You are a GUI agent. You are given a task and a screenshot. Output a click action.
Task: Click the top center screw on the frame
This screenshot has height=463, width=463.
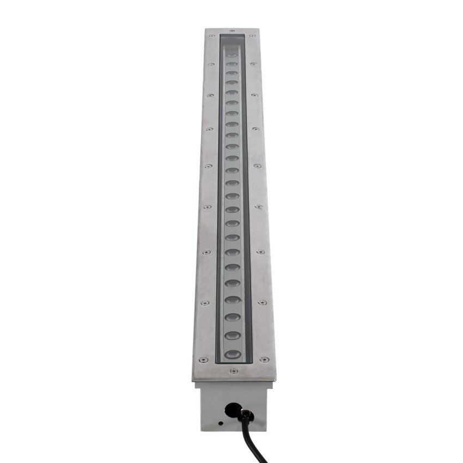pos(233,31)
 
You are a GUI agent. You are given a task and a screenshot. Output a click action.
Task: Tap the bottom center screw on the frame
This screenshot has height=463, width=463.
pos(234,371)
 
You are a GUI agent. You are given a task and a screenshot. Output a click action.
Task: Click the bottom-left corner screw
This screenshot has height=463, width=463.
pos(203,360)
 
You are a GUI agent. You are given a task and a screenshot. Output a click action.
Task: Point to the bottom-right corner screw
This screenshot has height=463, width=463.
pos(264,360)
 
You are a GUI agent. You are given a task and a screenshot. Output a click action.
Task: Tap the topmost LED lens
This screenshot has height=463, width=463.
pos(232,55)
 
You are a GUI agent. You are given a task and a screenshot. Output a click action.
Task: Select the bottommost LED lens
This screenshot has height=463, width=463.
pos(233,354)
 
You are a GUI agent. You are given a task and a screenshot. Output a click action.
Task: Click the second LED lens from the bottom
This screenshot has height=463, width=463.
pos(233,335)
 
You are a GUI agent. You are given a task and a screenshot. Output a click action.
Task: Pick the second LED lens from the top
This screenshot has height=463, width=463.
pos(232,64)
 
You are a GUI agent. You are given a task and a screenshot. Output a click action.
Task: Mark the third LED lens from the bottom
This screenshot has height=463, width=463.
pos(233,317)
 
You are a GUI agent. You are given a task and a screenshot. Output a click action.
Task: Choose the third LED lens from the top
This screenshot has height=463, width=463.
pos(232,74)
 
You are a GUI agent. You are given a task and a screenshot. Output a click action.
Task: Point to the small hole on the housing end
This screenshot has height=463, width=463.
pos(220,422)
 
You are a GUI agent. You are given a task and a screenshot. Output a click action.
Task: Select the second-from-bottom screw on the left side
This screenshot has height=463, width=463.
pos(204,303)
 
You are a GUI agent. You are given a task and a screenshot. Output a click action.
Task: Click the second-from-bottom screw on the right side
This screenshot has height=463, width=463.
pos(263,302)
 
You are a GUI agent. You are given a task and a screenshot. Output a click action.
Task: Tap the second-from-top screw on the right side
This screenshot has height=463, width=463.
pos(253,64)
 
